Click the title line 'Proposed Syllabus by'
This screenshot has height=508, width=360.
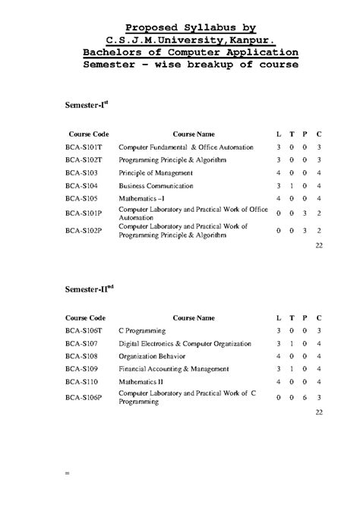point(191,27)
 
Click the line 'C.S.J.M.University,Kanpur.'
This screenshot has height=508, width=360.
point(191,39)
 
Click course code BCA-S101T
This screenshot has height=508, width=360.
point(84,147)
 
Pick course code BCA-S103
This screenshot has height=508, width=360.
point(81,172)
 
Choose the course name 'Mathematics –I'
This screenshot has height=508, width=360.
point(141,198)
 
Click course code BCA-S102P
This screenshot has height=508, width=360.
point(84,230)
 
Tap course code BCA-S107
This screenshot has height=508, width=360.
point(81,344)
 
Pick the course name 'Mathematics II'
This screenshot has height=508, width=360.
point(141,381)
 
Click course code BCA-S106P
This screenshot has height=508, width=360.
point(84,396)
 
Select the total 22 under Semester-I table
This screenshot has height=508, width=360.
point(319,246)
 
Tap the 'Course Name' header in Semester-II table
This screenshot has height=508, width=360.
point(194,317)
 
